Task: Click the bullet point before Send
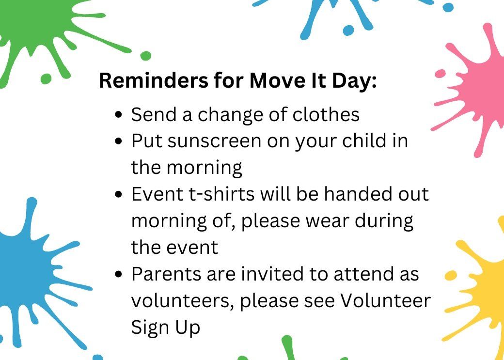click(x=119, y=115)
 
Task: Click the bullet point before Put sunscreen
click(x=119, y=141)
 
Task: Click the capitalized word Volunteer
click(x=385, y=300)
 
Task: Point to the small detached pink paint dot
click(x=440, y=74)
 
